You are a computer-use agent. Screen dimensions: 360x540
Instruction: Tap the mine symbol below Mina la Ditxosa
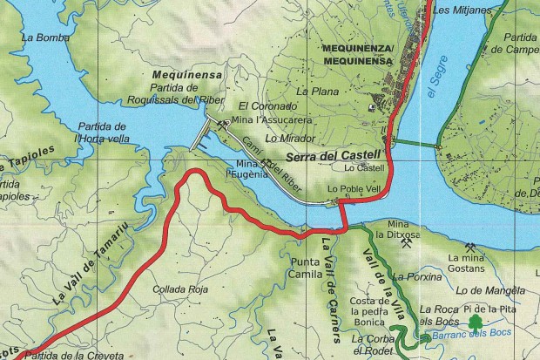click(408, 245)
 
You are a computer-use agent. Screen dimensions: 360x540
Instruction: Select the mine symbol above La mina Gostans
click(470, 246)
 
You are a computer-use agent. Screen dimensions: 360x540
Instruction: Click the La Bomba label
click(39, 37)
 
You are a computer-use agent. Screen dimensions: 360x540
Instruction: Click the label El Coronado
click(260, 106)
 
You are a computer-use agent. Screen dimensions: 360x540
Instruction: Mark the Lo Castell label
click(364, 167)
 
